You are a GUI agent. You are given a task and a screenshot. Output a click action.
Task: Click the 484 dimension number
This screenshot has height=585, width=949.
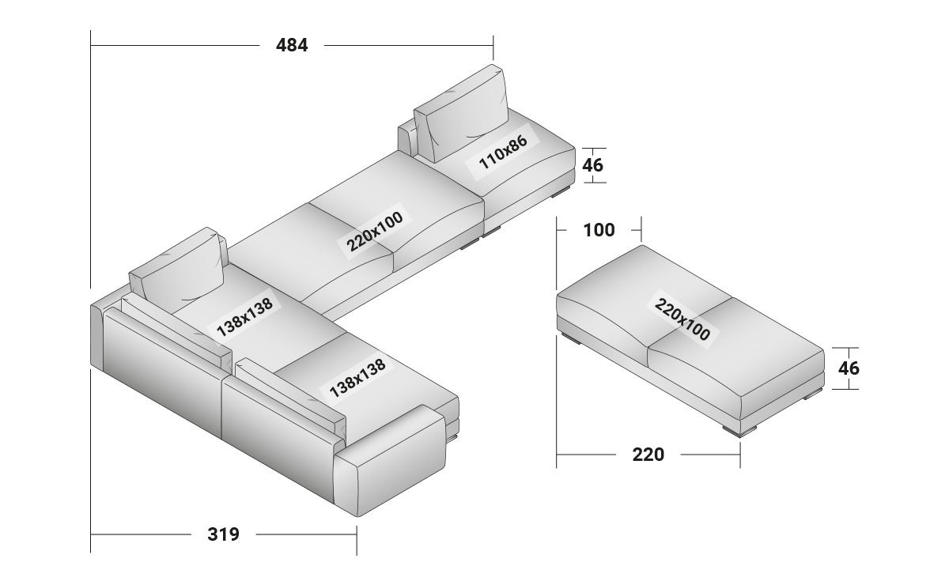click(x=292, y=46)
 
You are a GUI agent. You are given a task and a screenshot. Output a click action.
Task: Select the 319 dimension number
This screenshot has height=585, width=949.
click(x=223, y=534)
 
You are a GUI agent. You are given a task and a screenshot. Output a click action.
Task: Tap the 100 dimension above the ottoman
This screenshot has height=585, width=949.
click(x=599, y=230)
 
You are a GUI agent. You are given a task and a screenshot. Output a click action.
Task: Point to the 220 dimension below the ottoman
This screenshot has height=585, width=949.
click(x=648, y=455)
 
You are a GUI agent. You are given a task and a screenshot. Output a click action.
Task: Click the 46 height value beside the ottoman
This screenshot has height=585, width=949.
click(x=849, y=368)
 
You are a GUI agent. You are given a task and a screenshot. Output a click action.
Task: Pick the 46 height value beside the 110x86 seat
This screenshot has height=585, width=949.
click(x=592, y=165)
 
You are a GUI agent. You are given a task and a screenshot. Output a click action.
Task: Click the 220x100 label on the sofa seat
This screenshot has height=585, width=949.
click(x=374, y=230)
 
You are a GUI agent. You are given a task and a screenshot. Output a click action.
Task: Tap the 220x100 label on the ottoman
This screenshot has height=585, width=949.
click(x=682, y=318)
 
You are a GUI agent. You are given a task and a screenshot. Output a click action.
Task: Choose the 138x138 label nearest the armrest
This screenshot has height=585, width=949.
click(x=357, y=379)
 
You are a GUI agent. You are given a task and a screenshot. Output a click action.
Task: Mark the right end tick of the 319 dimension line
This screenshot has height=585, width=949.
click(x=357, y=534)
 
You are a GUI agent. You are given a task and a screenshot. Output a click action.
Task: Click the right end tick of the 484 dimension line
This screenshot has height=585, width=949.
click(x=493, y=46)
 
